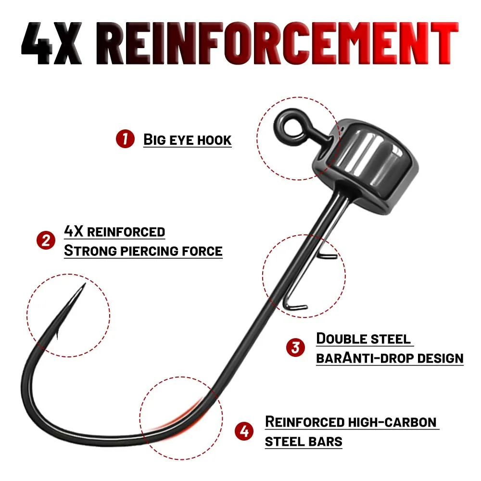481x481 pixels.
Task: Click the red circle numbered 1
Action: pos(125,139)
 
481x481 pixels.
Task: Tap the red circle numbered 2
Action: pos(46,240)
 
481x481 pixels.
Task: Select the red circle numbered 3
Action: pos(295,348)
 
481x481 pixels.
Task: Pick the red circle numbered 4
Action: pos(244,431)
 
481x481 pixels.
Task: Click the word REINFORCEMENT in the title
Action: pos(278,43)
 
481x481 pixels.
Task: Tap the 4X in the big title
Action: pos(51,43)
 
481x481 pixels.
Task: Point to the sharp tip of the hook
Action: pos(85,283)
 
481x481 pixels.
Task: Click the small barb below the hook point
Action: pos(57,334)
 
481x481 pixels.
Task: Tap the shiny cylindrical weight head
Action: pos(366,165)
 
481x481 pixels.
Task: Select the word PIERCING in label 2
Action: pos(150,251)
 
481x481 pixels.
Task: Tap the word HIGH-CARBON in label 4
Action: pos(392,422)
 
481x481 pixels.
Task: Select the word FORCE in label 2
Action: pos(202,251)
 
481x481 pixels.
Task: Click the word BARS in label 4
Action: pos(325,442)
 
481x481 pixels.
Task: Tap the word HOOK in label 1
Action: pos(214,140)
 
